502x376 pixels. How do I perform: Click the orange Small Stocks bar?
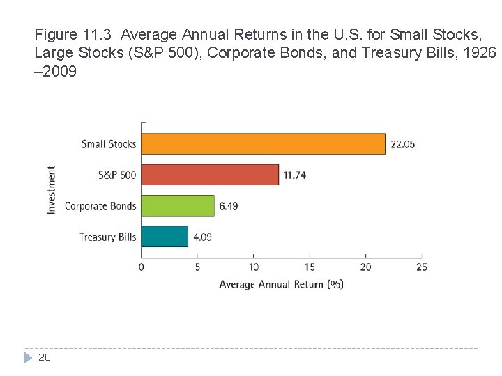click(x=263, y=143)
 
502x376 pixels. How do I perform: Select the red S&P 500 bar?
click(x=210, y=175)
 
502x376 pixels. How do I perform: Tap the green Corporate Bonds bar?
click(x=178, y=205)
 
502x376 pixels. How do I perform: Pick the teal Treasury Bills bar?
click(x=165, y=237)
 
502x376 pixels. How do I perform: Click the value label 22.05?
click(x=402, y=144)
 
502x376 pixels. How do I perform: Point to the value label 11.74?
click(x=294, y=175)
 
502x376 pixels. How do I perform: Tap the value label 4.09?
click(x=202, y=237)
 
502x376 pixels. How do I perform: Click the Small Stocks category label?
click(x=109, y=144)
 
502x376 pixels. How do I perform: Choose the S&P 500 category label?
click(x=117, y=175)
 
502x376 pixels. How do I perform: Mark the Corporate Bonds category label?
click(x=100, y=206)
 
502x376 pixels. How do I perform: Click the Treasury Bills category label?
click(x=107, y=237)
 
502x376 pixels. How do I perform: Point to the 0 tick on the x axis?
click(x=142, y=267)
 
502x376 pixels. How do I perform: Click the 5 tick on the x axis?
click(x=197, y=267)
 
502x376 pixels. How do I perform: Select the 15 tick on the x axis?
click(x=310, y=267)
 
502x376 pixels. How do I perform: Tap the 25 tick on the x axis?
click(x=421, y=267)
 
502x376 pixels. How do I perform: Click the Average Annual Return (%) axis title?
click(x=281, y=284)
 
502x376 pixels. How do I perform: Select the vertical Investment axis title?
click(x=52, y=189)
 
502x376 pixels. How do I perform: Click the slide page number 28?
click(x=44, y=357)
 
